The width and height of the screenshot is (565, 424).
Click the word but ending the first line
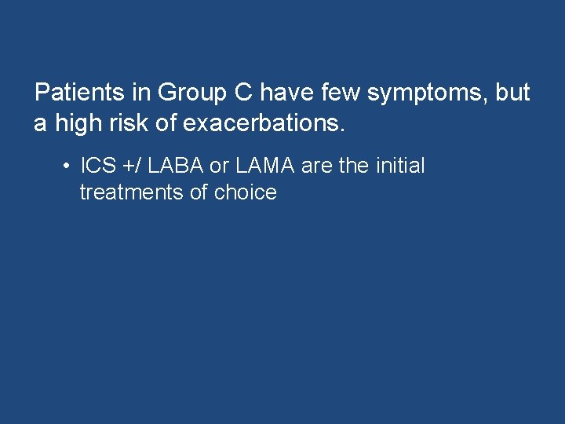pyautogui.click(x=513, y=93)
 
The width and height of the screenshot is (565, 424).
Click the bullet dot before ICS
pyautogui.click(x=69, y=166)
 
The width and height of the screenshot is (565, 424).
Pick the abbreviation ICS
pyautogui.click(x=98, y=166)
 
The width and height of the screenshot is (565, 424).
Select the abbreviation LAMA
pyautogui.click(x=264, y=166)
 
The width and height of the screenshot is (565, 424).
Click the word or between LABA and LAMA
pyautogui.click(x=217, y=166)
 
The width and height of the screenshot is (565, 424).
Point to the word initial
pyautogui.click(x=399, y=166)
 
